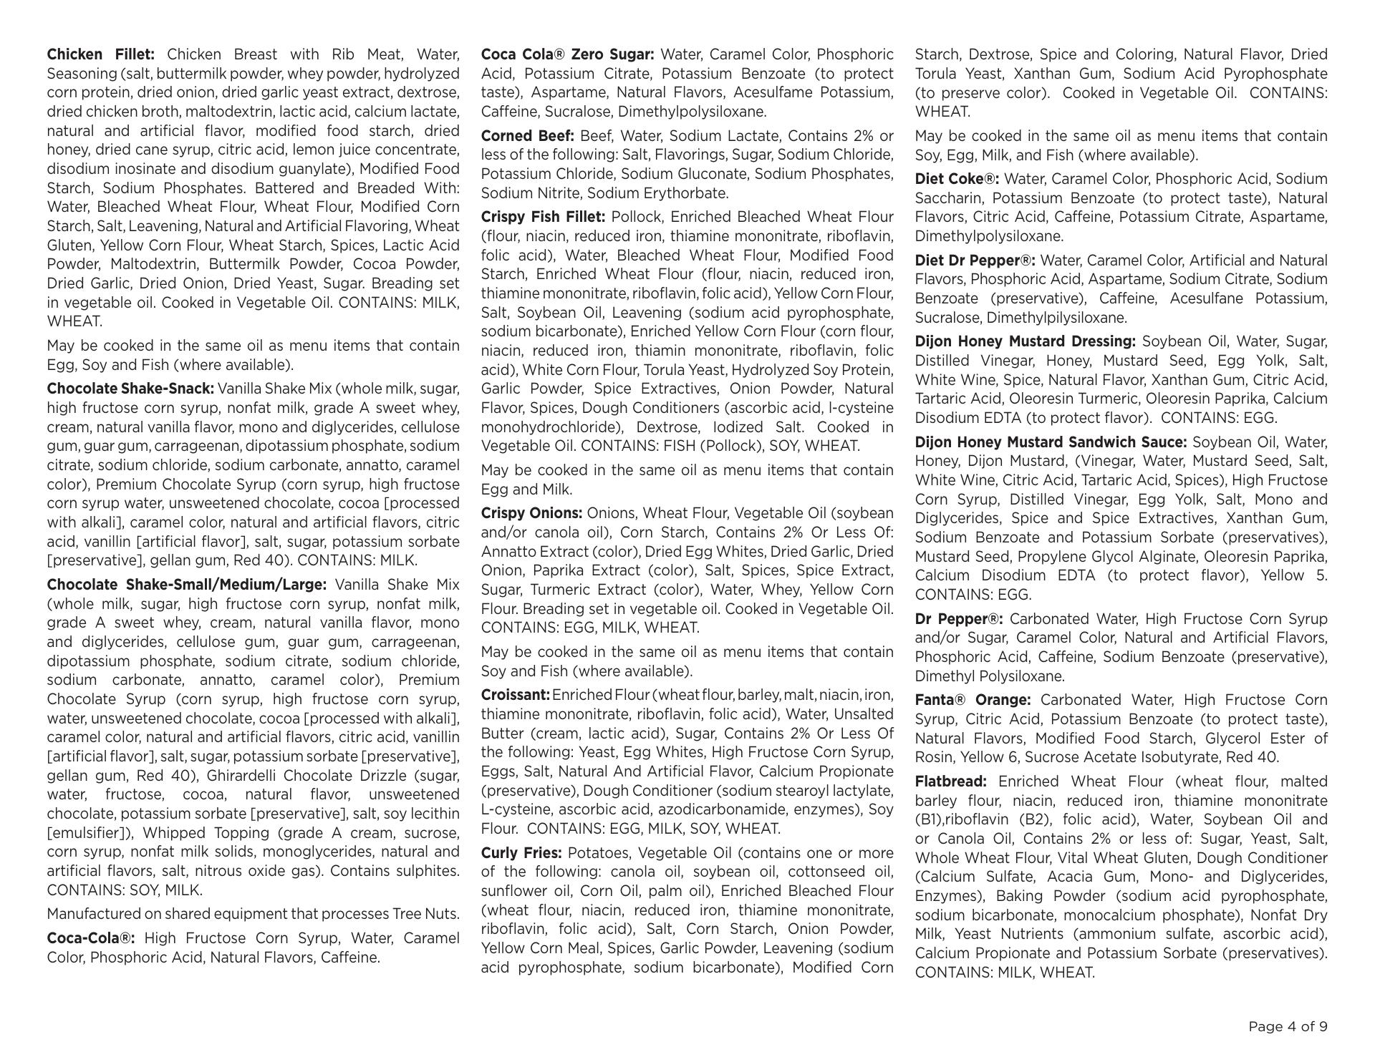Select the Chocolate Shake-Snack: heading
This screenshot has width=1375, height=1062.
[x=130, y=389]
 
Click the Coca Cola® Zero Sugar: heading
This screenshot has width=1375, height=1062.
[x=567, y=54]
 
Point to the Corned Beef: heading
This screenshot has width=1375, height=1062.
[x=528, y=136]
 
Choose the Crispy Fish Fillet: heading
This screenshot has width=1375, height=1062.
[x=543, y=217]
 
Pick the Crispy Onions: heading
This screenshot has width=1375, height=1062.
[x=531, y=513]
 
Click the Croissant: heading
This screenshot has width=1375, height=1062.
[x=515, y=695]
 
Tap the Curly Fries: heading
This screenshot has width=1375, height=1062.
[x=522, y=853]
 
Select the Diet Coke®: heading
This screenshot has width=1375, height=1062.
[x=957, y=179]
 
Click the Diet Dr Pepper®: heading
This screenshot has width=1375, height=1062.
[x=975, y=260]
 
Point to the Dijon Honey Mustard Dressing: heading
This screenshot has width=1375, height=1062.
[x=1026, y=341]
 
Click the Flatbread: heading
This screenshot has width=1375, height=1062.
[x=950, y=781]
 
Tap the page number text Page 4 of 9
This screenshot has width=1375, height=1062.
[x=1288, y=1026]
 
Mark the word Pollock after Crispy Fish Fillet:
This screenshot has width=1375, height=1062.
[x=637, y=217]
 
